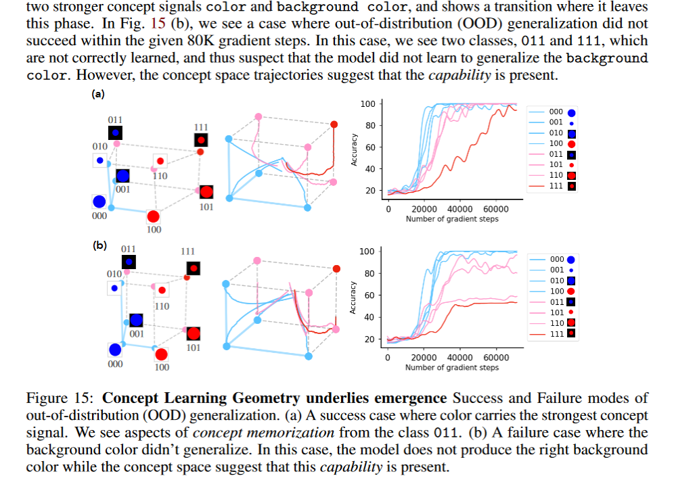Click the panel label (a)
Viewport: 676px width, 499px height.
(x=98, y=95)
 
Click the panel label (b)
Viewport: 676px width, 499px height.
(x=100, y=245)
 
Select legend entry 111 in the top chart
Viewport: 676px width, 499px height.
(x=556, y=186)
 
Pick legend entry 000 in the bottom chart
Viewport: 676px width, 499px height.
(x=557, y=259)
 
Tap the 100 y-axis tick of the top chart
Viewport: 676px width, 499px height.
(x=368, y=103)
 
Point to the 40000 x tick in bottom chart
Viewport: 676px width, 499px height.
(x=460, y=357)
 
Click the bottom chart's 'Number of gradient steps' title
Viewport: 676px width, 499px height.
(x=451, y=367)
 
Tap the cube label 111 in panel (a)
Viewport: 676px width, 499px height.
(x=201, y=126)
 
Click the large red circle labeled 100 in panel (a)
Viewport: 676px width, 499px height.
(x=154, y=217)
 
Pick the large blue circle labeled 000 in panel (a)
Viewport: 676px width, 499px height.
(x=99, y=201)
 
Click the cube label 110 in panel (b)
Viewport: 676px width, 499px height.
(x=162, y=306)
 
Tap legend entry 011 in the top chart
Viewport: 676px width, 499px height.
(x=556, y=154)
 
